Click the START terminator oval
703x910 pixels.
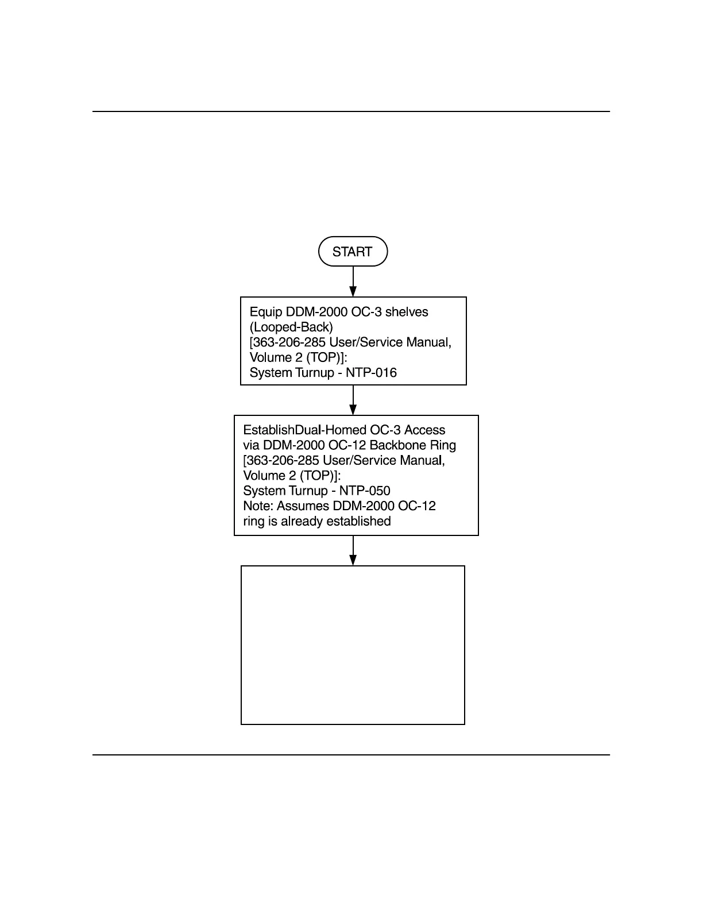353,252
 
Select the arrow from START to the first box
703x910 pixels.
353,282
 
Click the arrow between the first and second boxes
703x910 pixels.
353,400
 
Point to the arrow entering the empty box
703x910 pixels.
353,551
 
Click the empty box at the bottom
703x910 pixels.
353,645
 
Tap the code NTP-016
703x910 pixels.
371,373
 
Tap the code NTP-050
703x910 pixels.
365,491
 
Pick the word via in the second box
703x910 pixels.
251,445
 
